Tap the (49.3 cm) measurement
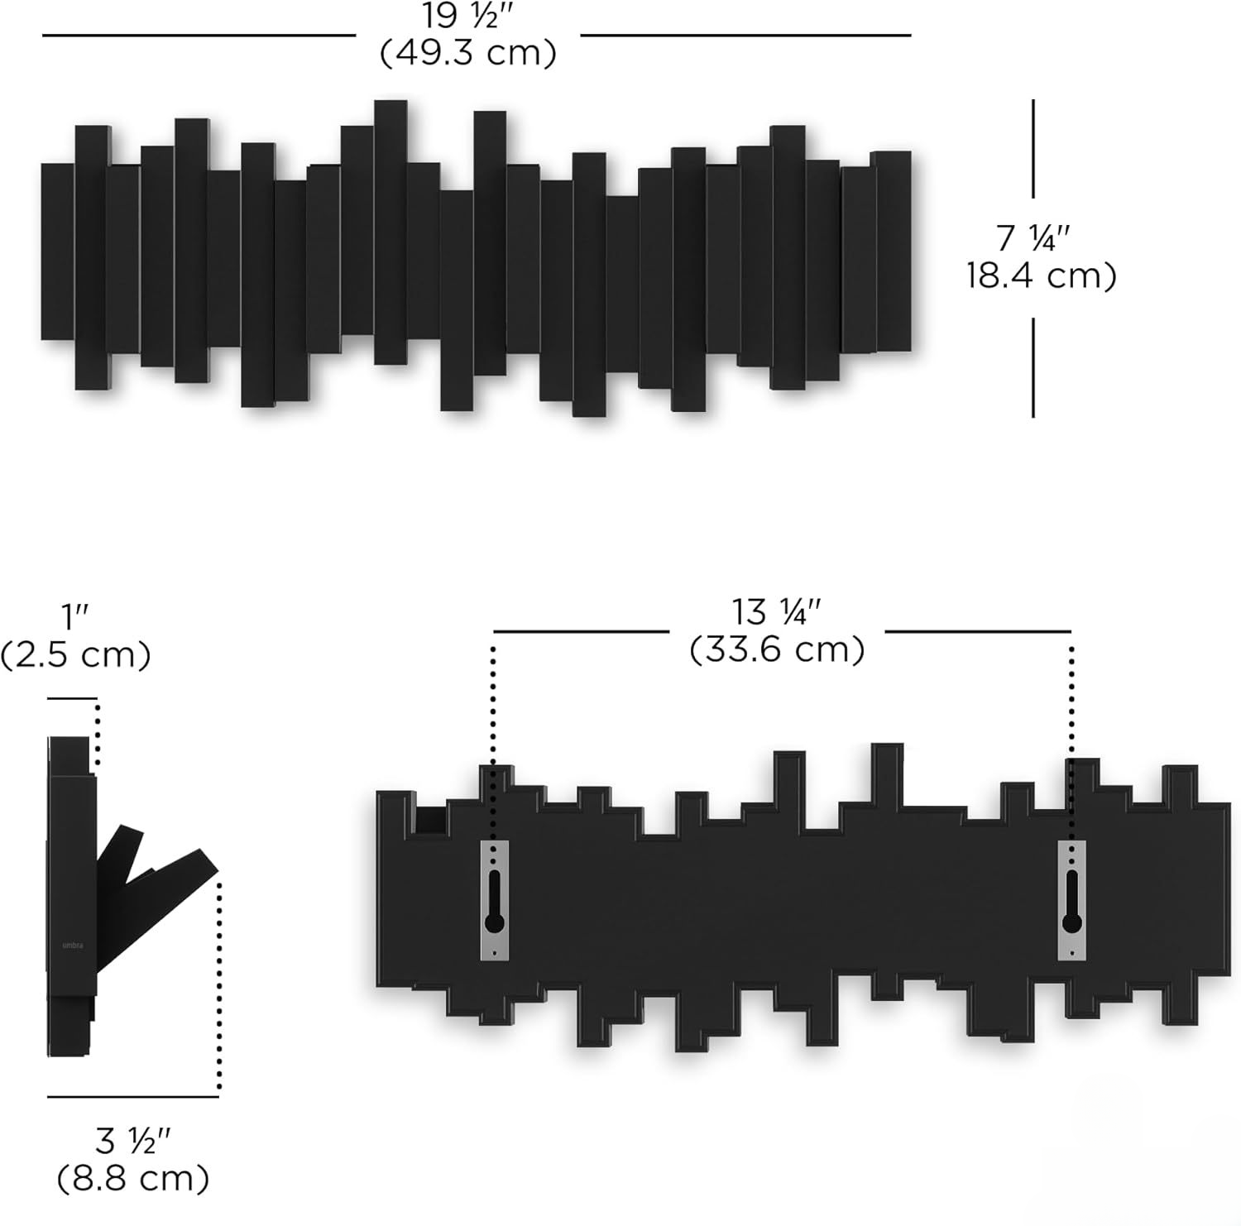point(467,54)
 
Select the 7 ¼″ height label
point(1033,239)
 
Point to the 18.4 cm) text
point(1042,275)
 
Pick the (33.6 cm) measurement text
point(777,649)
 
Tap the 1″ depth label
point(74,617)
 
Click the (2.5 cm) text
point(75,655)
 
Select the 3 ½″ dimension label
point(132,1142)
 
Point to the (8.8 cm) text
point(132,1179)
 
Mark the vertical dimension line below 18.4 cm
point(1033,367)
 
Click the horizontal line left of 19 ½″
point(199,36)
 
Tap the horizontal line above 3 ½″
point(132,1097)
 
